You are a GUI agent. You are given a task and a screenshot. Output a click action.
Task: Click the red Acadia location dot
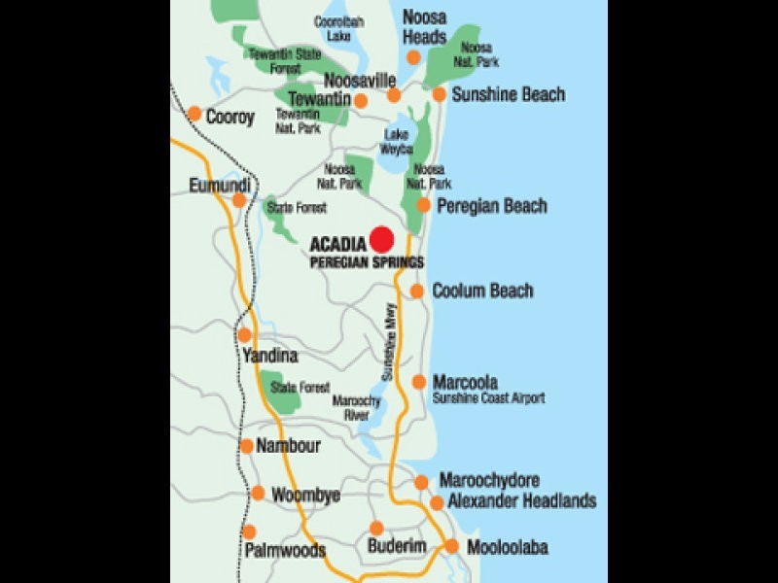coord(381,238)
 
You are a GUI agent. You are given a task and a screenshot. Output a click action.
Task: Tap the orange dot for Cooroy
coord(194,113)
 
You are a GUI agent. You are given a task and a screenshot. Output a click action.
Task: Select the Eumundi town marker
coord(239,200)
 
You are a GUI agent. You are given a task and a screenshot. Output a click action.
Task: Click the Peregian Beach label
coord(492,206)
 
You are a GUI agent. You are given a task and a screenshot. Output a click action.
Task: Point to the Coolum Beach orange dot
coord(416,291)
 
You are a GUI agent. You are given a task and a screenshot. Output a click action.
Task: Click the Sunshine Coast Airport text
coord(489,398)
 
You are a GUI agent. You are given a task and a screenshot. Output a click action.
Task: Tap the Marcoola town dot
coord(419,382)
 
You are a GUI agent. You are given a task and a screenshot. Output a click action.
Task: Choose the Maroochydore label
coord(489,481)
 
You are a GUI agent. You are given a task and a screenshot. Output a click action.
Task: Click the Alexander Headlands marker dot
coord(438,502)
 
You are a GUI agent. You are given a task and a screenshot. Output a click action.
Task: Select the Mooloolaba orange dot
coord(451,546)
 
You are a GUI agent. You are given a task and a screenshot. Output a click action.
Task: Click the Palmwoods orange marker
coord(249,532)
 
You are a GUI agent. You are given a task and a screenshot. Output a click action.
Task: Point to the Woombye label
coord(305,495)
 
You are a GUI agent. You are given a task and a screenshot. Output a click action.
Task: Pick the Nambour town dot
coord(246,446)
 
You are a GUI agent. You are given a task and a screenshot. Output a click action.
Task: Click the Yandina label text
coord(270,356)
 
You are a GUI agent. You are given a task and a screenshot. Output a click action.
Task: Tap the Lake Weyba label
coord(399,142)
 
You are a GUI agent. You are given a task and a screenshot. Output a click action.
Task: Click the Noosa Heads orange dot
coord(413,57)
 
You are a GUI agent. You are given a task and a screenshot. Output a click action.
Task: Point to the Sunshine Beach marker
coord(440,94)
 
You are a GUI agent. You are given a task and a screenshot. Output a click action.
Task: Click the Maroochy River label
coord(352,407)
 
